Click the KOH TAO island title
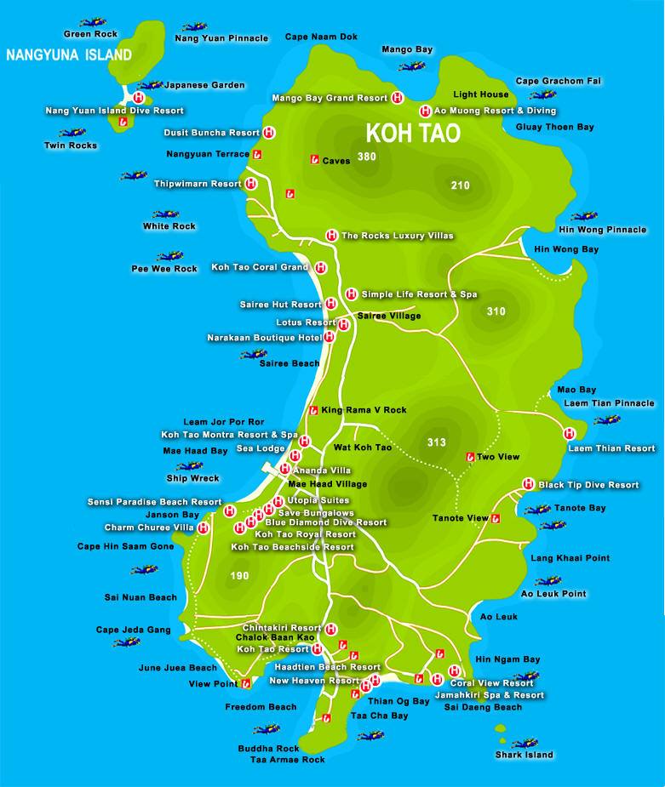pos(413,134)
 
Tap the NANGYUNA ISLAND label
pos(69,55)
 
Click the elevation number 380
pos(367,157)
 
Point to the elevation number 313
pos(436,442)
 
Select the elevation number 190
pos(239,576)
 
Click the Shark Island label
pos(524,755)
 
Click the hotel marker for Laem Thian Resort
pos(570,434)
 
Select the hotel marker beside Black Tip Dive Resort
pos(528,484)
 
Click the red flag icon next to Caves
pos(314,160)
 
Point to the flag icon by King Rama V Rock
pos(313,410)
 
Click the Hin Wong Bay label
pos(565,249)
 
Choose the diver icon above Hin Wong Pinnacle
pos(583,217)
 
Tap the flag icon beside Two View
pos(469,457)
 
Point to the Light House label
pos(481,94)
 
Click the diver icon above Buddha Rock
pos(267,729)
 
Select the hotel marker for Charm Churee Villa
pos(204,528)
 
